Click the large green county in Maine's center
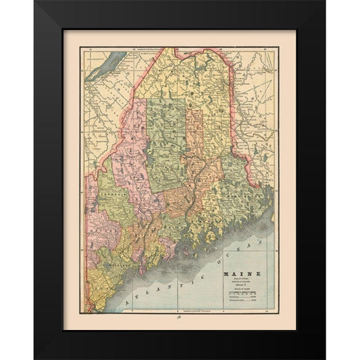[x=166, y=139]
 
